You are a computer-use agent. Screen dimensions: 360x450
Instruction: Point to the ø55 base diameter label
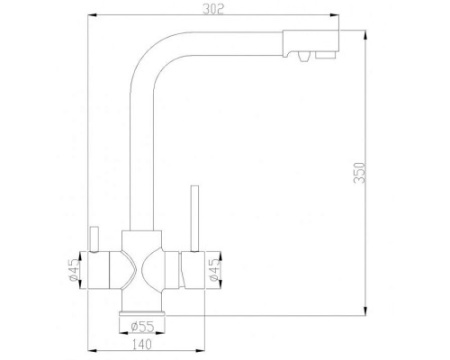coord(141,325)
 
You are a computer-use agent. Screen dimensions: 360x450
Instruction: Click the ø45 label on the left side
coord(73,270)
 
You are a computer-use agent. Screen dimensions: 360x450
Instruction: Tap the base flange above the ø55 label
coord(141,309)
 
